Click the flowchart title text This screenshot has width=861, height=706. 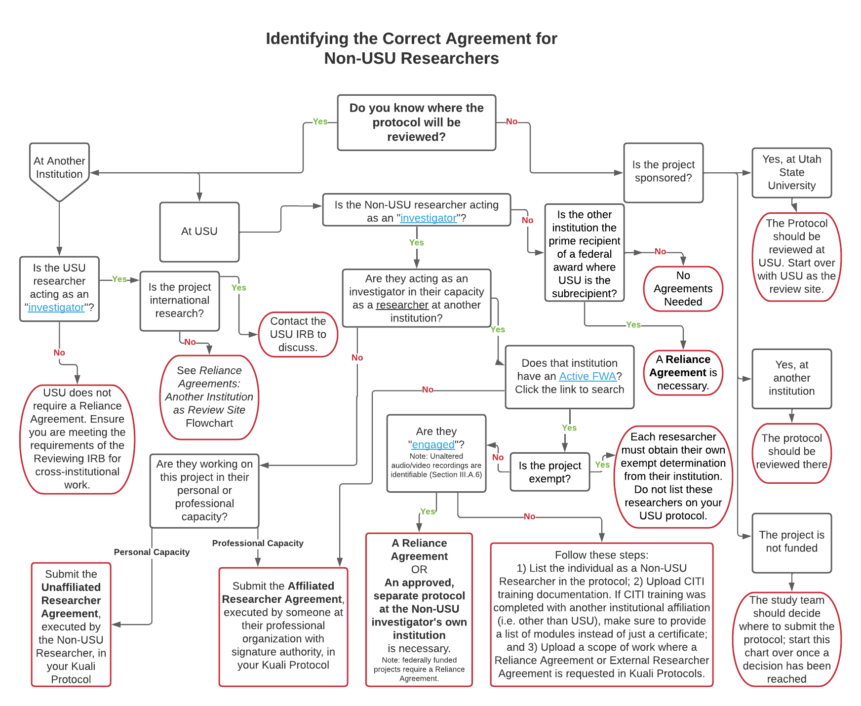pos(411,48)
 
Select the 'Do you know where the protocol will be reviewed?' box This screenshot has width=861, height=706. pos(416,122)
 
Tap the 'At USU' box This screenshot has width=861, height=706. pos(199,232)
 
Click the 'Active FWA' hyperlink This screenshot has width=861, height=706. pos(587,376)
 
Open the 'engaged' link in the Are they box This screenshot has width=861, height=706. pos(433,445)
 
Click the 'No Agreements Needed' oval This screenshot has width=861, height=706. pos(683,289)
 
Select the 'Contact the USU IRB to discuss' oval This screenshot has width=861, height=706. pos(298,334)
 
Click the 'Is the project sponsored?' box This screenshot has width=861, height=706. pos(663,172)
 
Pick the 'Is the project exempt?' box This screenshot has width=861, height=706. pos(549,472)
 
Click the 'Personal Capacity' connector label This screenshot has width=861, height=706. pos(152,552)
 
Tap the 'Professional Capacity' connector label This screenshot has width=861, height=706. pos(258,543)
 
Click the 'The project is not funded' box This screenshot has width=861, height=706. pos(791,542)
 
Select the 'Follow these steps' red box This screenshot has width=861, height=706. pos(601,614)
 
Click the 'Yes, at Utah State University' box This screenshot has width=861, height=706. pos(791,173)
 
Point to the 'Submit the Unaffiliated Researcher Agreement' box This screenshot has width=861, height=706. pos(71,625)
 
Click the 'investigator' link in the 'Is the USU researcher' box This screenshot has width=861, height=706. pos(56,308)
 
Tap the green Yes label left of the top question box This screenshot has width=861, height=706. pos(320,121)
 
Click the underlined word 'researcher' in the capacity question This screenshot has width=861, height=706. pos(402,305)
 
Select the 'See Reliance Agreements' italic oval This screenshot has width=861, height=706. pos(209,397)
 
